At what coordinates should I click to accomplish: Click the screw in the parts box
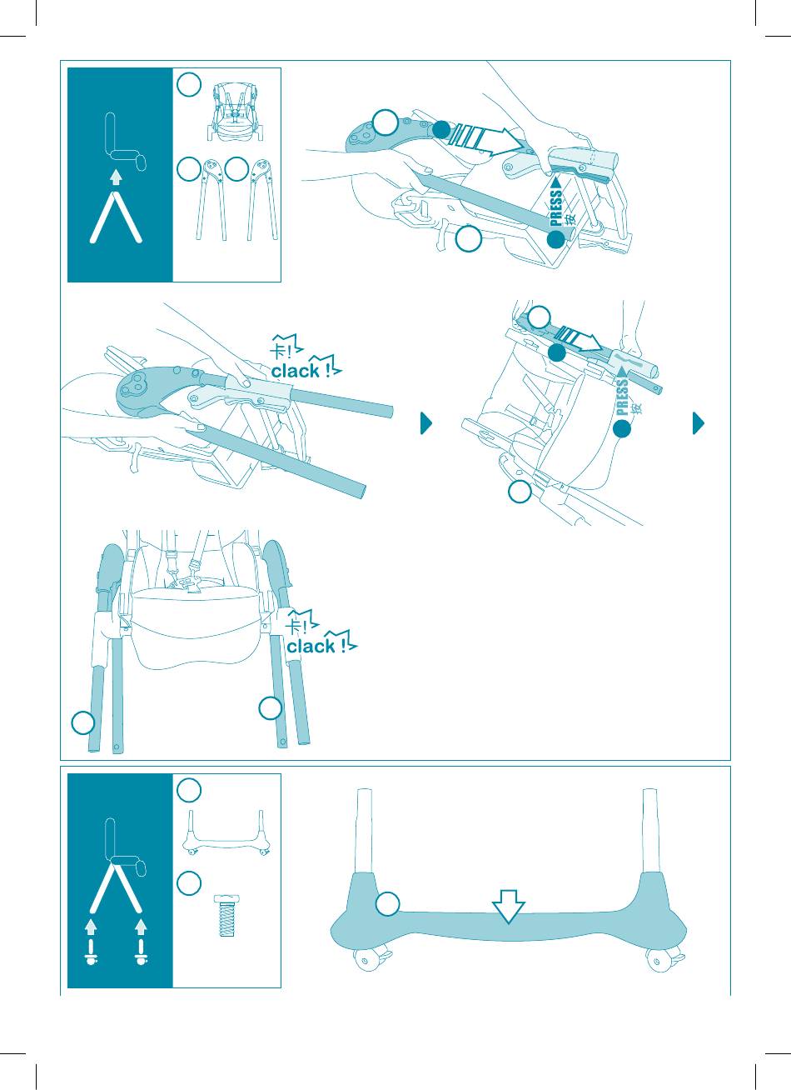click(x=226, y=915)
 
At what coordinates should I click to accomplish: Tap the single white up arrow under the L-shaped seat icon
click(x=115, y=177)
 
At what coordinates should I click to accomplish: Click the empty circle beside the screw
click(x=189, y=883)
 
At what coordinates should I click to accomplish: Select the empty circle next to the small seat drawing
click(x=189, y=85)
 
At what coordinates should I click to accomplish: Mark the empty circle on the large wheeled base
click(x=387, y=905)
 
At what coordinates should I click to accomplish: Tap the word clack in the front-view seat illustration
click(x=311, y=647)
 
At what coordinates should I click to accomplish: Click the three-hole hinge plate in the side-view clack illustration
click(x=138, y=385)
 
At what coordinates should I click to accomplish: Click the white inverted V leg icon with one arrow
click(x=116, y=217)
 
